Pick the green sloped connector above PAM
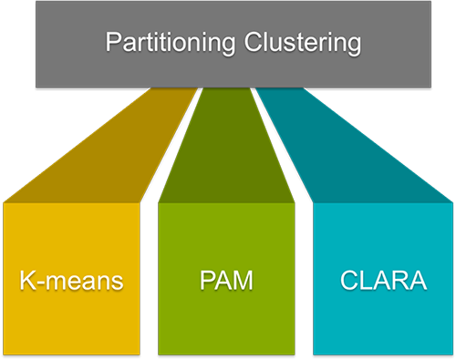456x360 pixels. click(226, 146)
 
